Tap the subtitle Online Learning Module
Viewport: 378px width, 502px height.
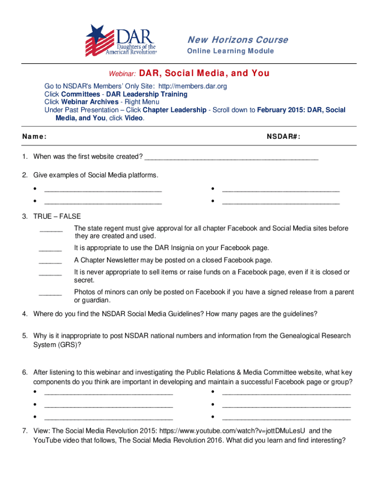pyautogui.click(x=231, y=51)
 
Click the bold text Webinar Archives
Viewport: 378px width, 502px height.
pyautogui.click(x=90, y=102)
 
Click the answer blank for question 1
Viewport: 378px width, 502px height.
pyautogui.click(x=232, y=157)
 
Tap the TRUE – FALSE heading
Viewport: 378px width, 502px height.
pyautogui.click(x=57, y=216)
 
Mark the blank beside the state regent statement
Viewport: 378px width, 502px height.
pyautogui.click(x=51, y=229)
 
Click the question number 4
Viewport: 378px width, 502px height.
pyautogui.click(x=24, y=314)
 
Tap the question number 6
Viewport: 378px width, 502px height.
pyautogui.click(x=24, y=373)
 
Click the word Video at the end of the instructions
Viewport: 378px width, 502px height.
pyautogui.click(x=134, y=118)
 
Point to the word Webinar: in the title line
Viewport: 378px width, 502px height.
pyautogui.click(x=122, y=74)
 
